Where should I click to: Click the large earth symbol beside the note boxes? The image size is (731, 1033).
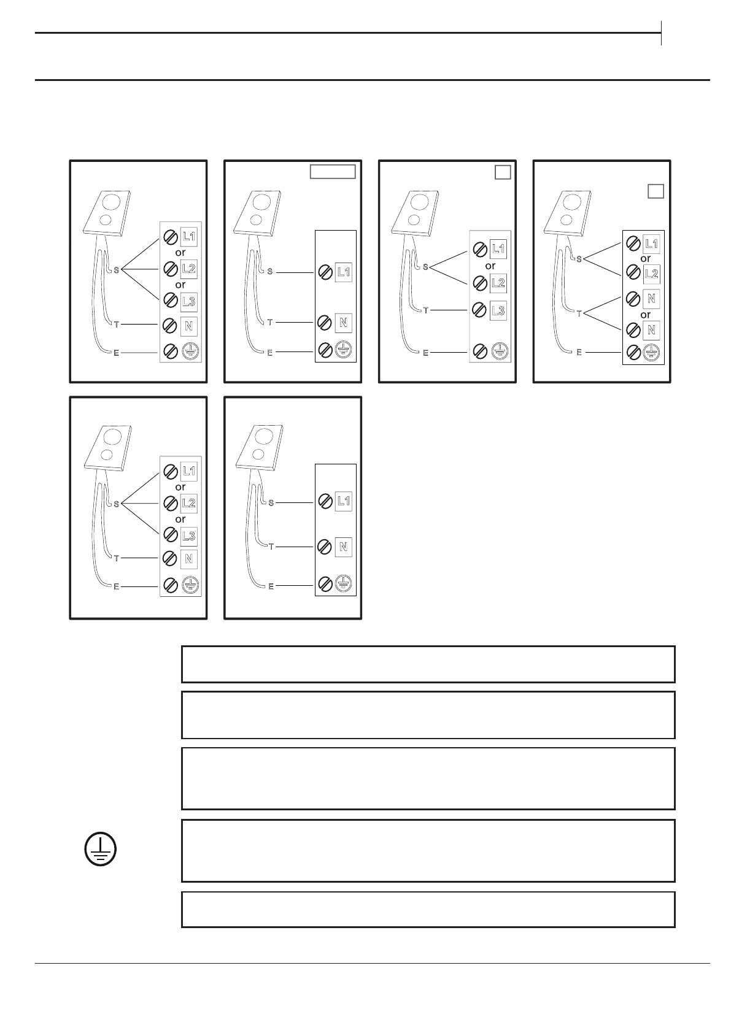(x=100, y=850)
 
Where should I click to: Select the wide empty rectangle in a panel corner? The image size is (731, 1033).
(x=332, y=171)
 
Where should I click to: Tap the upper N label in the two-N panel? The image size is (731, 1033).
(x=651, y=299)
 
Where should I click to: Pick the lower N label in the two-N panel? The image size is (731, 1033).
(x=651, y=330)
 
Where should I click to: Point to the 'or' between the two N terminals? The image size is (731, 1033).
(x=645, y=315)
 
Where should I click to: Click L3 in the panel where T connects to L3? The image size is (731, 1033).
(x=498, y=310)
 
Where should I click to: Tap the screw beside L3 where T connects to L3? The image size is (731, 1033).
(x=479, y=310)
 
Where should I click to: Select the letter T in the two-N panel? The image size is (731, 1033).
(x=579, y=313)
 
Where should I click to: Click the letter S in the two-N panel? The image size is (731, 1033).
(x=578, y=258)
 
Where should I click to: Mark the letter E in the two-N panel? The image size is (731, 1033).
(x=579, y=352)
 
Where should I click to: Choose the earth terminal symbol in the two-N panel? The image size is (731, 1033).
(x=651, y=352)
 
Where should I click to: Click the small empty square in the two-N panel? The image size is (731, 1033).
(x=656, y=191)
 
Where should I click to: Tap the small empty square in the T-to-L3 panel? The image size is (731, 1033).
(x=503, y=172)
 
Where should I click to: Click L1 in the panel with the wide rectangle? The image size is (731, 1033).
(x=344, y=272)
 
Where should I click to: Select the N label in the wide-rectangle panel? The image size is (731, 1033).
(x=344, y=323)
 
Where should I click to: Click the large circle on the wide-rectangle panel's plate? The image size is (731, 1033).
(x=261, y=202)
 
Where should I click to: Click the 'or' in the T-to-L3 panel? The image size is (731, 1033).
(x=490, y=266)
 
